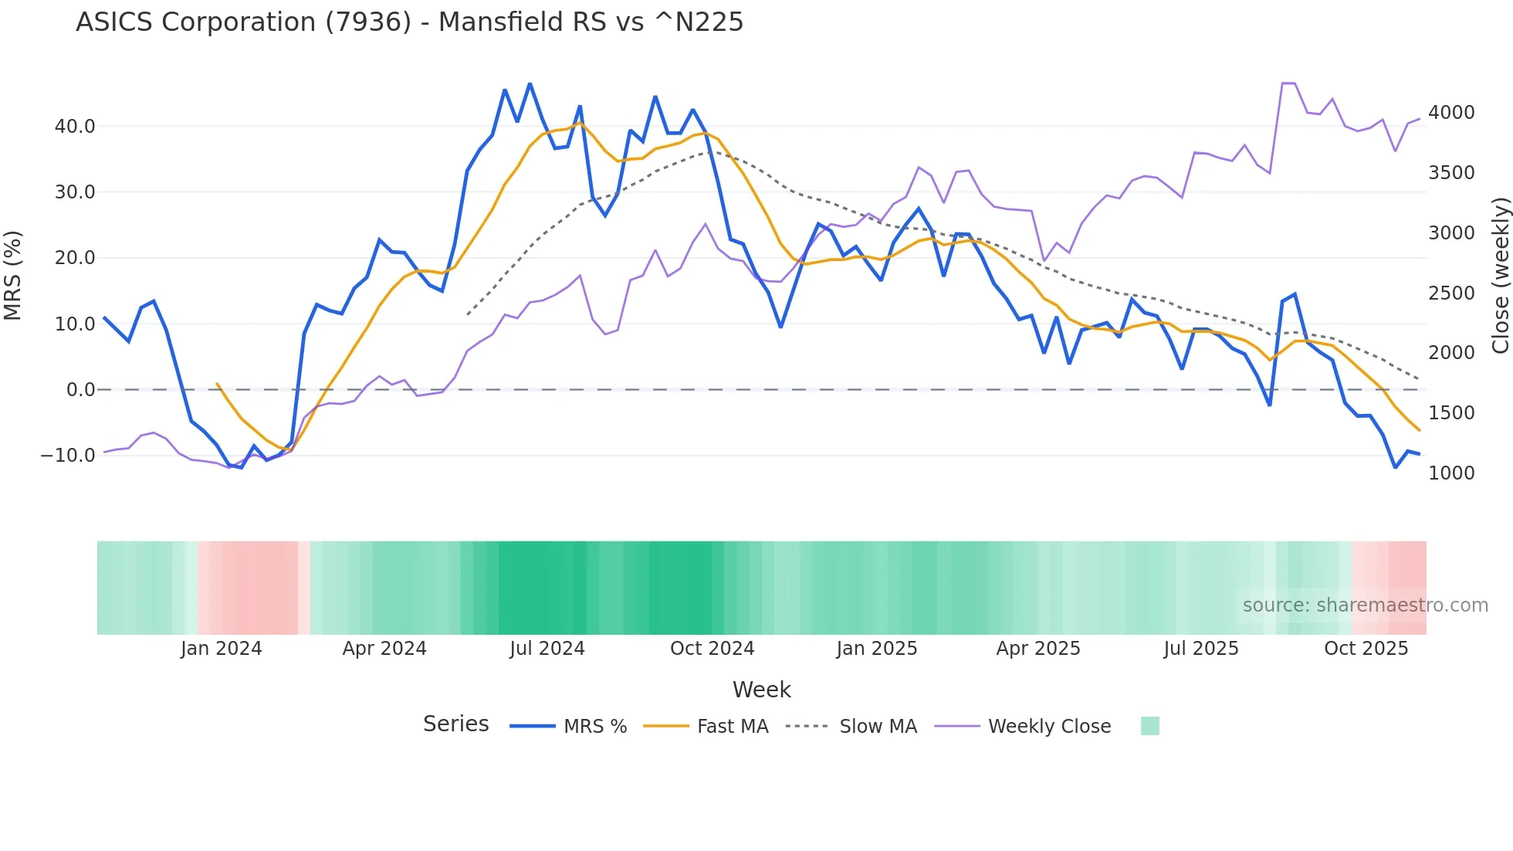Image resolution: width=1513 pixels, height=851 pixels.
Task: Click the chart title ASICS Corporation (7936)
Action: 409,22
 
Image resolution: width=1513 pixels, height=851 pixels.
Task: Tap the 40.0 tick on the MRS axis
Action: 75,127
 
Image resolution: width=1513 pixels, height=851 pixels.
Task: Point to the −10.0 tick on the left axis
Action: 68,456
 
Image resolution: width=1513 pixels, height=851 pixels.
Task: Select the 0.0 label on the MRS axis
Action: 80,390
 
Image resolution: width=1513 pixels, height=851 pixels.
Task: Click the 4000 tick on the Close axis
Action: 1450,113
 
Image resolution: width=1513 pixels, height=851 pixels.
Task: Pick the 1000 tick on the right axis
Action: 1450,473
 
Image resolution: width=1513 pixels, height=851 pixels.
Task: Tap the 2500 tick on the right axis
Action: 1450,293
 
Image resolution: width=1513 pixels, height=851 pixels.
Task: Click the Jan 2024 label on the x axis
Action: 221,649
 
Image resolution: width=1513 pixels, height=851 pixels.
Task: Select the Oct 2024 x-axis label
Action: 712,649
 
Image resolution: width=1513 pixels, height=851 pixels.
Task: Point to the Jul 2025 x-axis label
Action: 1200,649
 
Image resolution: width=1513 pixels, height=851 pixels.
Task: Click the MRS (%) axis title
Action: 13,275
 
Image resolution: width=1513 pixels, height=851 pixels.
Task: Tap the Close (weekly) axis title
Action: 1500,275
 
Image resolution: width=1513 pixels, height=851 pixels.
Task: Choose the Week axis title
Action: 761,690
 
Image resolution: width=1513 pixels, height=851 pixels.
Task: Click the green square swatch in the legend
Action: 1149,726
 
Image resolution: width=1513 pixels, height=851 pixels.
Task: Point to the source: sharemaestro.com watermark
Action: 1365,605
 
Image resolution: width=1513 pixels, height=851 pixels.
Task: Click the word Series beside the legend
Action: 455,724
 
